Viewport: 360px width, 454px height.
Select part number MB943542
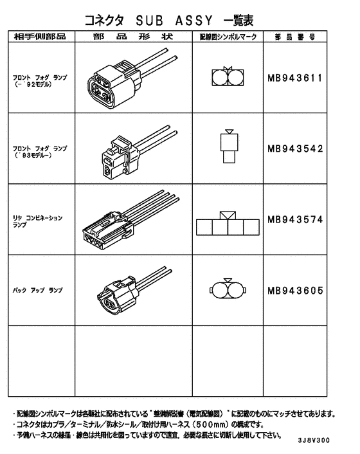point(294,149)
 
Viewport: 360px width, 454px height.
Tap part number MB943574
point(294,219)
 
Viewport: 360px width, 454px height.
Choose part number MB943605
point(294,290)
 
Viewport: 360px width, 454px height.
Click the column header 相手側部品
point(40,37)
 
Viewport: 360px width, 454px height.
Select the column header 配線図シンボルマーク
point(229,37)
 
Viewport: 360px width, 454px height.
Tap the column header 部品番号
point(294,37)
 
